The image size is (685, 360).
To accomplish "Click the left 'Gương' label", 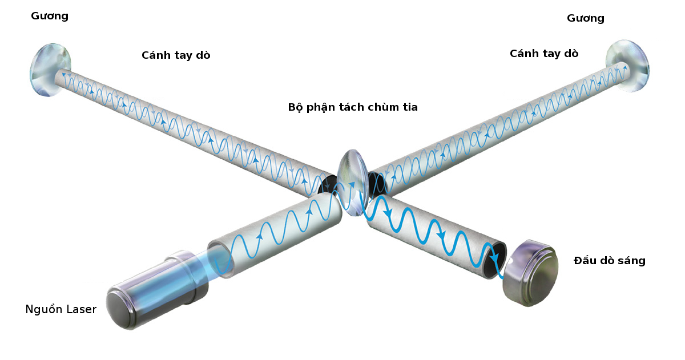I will pos(50,16).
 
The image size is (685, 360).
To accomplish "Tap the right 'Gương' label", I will pos(585,18).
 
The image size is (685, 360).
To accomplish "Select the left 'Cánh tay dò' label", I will pos(176,55).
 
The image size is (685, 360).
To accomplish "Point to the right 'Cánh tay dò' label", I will pos(544,53).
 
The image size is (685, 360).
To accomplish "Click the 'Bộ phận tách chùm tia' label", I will pos(353,107).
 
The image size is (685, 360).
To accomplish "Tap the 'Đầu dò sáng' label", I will pos(609,261).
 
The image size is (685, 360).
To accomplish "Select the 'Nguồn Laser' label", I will pos(61,309).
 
